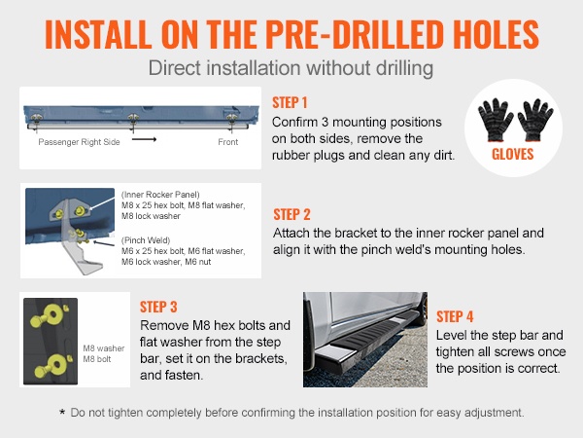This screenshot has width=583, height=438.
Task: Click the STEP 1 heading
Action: pyautogui.click(x=290, y=102)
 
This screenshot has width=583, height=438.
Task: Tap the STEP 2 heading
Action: pyautogui.click(x=291, y=214)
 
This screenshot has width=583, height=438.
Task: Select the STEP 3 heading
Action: pyautogui.click(x=158, y=307)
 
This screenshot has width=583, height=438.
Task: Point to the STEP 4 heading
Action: pyautogui.click(x=455, y=316)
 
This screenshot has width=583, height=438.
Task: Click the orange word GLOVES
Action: pyautogui.click(x=513, y=154)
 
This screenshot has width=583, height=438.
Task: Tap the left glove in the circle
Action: pyautogui.click(x=496, y=120)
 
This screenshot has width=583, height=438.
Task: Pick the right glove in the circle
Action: pyautogui.click(x=535, y=120)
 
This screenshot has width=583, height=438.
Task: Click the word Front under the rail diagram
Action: pyautogui.click(x=228, y=142)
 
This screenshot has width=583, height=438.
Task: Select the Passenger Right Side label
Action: pyautogui.click(x=80, y=142)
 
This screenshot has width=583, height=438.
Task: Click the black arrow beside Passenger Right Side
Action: pyautogui.click(x=144, y=139)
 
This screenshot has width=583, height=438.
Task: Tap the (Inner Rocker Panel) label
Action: pyautogui.click(x=160, y=195)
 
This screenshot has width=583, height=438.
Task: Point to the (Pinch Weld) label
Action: pyautogui.click(x=146, y=240)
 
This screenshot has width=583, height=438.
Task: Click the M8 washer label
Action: pyautogui.click(x=104, y=348)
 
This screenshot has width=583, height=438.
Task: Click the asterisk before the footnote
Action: pyautogui.click(x=62, y=412)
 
